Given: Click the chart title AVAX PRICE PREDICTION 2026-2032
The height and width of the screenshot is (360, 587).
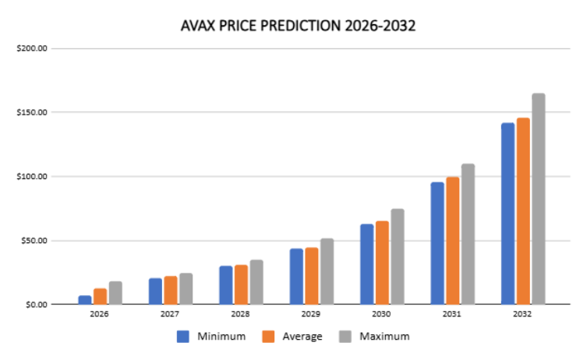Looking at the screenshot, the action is pos(298,26).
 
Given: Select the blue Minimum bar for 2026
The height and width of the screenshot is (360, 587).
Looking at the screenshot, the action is pos(85,300).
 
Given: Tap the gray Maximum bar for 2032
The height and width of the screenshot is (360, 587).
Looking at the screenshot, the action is pos(539,199).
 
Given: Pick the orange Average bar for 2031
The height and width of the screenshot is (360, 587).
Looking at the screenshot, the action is pos(453,241).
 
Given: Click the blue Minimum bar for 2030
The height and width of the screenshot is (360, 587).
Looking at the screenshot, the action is pos(367,264).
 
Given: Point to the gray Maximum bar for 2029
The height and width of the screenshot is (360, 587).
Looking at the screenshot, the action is pos(327,271).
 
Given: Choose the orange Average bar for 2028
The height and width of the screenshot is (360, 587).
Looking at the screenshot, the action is pos(241,284).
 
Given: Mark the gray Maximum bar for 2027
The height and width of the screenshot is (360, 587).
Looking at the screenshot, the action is pos(186,288).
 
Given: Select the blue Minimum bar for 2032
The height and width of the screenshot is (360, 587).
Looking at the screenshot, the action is pos(507,214).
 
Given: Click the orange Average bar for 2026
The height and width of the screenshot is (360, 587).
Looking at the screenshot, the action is pos(100,296).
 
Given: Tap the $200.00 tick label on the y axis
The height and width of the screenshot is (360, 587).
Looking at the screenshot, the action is pos(32,48).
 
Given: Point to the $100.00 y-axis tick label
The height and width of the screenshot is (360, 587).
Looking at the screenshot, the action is pos(32,176).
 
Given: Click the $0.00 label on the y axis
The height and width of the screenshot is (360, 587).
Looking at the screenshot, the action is pos(37,305).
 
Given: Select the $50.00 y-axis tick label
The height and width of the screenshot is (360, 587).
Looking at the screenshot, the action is pos(34,241).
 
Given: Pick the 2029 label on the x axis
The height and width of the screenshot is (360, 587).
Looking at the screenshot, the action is pos(311,314).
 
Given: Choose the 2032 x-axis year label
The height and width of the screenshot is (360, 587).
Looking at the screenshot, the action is pos(522,314).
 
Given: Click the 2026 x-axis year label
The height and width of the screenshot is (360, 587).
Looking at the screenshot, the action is pos(99,314).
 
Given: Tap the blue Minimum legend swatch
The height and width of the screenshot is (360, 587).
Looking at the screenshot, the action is pos(183,337).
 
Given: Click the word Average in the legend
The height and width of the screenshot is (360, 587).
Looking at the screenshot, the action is pos(302,337).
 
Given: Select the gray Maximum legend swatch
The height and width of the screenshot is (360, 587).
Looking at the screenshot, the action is pos(345,337).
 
